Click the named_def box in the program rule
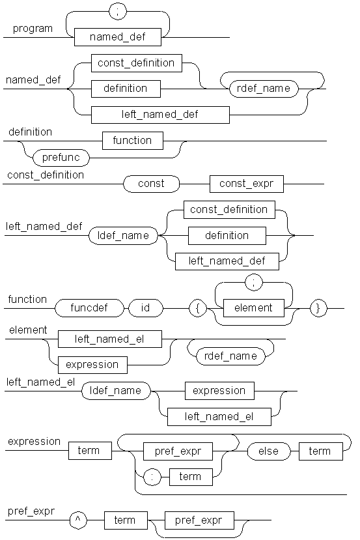point(118,37)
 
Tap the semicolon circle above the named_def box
point(118,11)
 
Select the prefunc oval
point(61,158)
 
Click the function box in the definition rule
point(133,141)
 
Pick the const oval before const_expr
point(152,184)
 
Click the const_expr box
point(247,184)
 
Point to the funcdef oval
point(89,308)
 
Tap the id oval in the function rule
point(146,308)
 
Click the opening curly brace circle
point(198,308)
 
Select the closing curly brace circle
point(318,308)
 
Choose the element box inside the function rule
point(254,308)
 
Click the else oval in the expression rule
point(268,451)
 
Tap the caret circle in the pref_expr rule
point(78,520)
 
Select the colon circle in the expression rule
point(152,477)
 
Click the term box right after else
point(321,451)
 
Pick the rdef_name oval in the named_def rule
point(264,89)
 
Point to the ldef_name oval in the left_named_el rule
point(116,391)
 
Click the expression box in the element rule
point(92,365)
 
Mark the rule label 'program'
point(33,29)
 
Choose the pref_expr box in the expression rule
point(178,451)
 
